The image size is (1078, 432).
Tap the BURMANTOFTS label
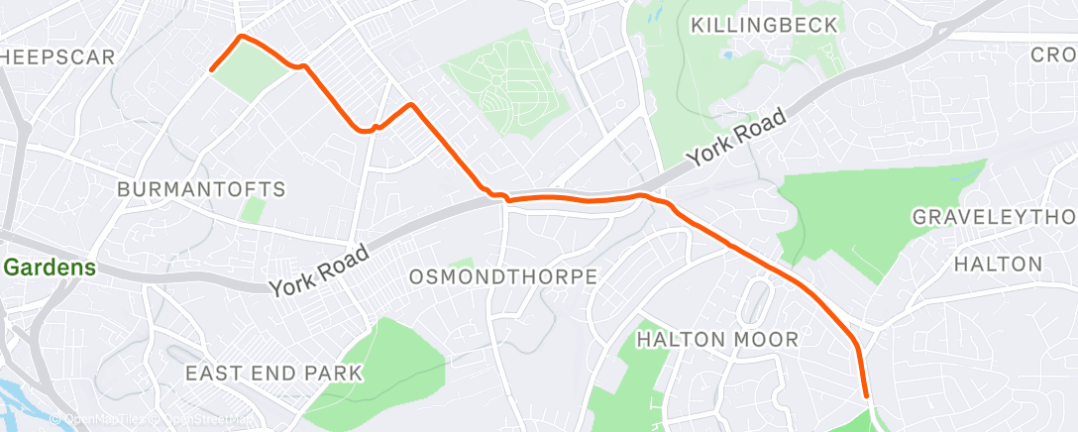201,188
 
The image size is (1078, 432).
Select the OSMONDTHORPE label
503,276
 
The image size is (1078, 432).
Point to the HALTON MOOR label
717,340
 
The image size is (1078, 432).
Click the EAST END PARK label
274,374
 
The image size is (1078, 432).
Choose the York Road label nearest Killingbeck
738,136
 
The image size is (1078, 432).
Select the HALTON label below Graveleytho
998,264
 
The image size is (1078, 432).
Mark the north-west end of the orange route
211,69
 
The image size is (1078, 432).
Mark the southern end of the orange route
868,397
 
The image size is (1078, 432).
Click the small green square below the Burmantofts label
254,209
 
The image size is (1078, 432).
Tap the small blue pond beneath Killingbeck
729,54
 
